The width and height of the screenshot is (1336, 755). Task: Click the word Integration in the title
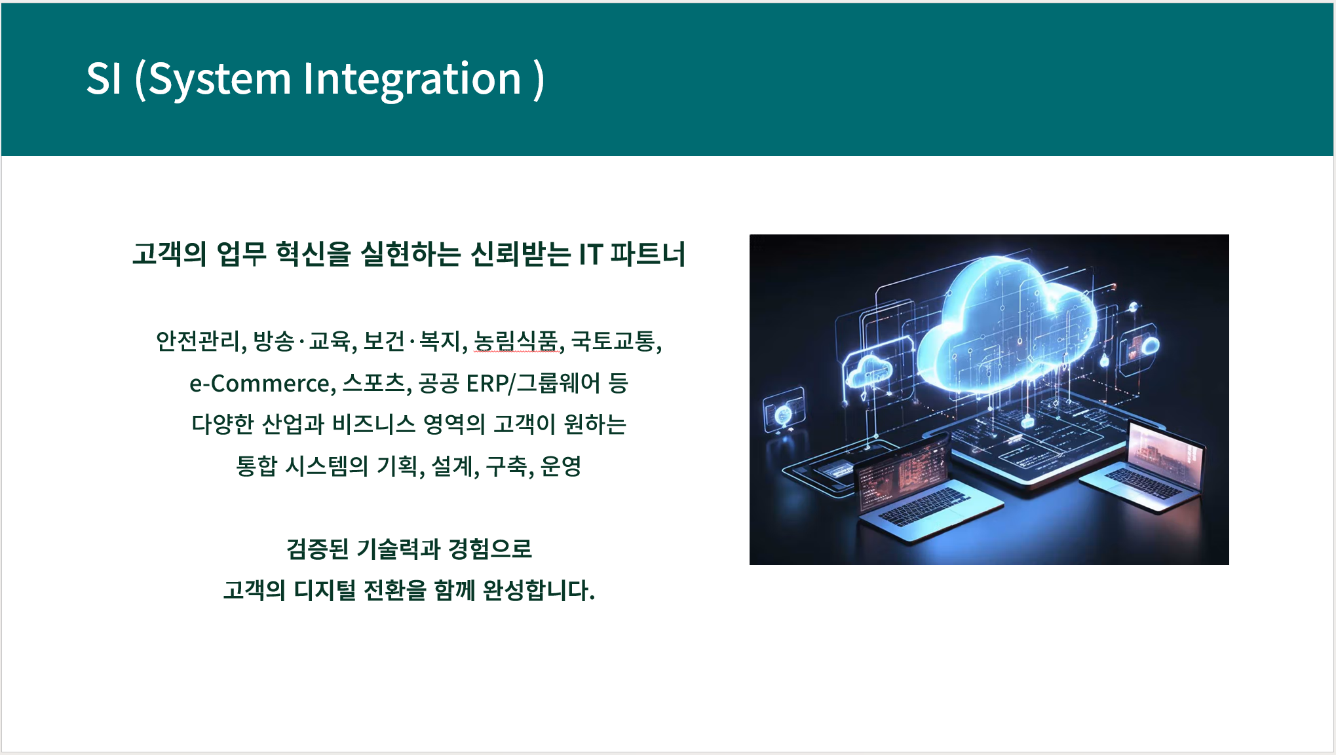pyautogui.click(x=411, y=80)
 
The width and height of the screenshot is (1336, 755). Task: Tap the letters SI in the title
pyautogui.click(x=104, y=79)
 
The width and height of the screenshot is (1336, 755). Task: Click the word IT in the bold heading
pyautogui.click(x=590, y=254)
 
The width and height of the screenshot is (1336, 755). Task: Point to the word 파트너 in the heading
pyautogui.click(x=648, y=254)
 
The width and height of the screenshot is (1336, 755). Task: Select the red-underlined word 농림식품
pyautogui.click(x=516, y=341)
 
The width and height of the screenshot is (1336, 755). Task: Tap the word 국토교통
pyautogui.click(x=613, y=341)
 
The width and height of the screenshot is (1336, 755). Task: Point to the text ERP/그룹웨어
pyautogui.click(x=533, y=383)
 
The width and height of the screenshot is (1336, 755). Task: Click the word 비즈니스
pyautogui.click(x=373, y=424)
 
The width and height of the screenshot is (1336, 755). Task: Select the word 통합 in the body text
pyautogui.click(x=257, y=466)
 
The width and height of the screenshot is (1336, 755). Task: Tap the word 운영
pyautogui.click(x=561, y=466)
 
